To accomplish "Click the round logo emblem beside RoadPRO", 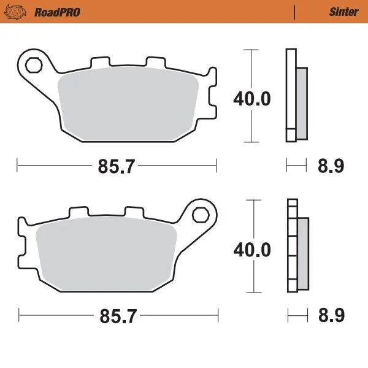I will point(21,12).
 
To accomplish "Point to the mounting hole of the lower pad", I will point(200,215).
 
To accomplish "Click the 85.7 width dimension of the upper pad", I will point(117,166).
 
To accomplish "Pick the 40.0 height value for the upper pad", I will point(251,98).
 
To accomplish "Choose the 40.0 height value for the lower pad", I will point(251,250).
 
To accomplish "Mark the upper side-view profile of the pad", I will point(296,96).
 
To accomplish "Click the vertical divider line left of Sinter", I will point(295,12).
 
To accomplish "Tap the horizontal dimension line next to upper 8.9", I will point(296,165).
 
